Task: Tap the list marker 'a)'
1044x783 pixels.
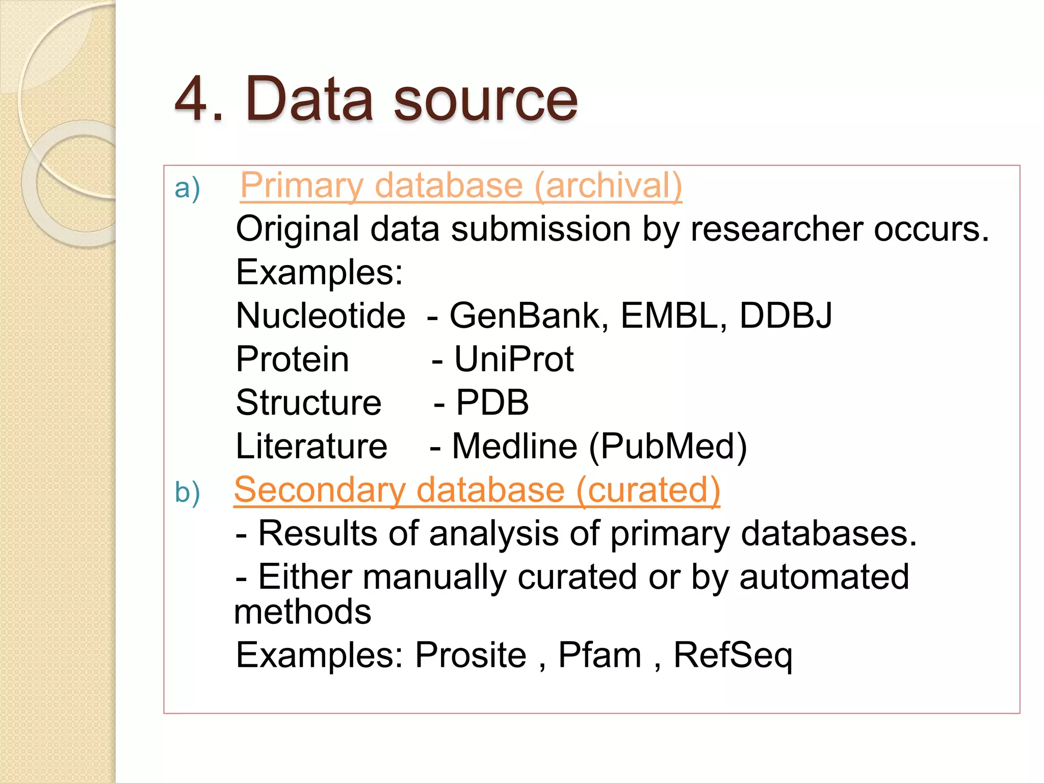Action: coord(187,188)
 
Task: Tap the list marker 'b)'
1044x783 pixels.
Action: coord(187,492)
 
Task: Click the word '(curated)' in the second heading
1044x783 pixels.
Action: coord(648,490)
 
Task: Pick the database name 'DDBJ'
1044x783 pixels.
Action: coord(786,316)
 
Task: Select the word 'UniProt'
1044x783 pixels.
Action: coord(514,359)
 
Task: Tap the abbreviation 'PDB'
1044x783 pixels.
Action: coord(492,403)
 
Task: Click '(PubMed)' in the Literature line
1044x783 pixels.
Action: coord(668,447)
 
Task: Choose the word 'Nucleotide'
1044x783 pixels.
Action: coord(321,316)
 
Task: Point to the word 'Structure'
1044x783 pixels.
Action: coord(308,403)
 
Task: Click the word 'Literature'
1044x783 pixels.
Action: coord(311,447)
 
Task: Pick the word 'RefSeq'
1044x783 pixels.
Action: coord(733,656)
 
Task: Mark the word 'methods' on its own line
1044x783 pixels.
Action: coord(303,612)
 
